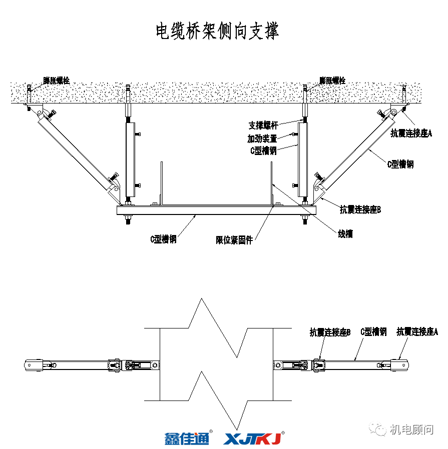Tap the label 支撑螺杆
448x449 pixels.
tap(263, 125)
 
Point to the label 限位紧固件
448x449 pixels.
tap(234, 239)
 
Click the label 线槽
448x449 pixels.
tap(345, 233)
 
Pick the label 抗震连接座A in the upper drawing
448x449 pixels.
tap(411, 133)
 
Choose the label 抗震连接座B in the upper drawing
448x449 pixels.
tap(360, 209)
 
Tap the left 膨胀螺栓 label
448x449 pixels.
tap(56, 80)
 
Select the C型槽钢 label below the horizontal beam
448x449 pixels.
tap(163, 239)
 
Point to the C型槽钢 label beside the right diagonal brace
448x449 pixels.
tap(400, 164)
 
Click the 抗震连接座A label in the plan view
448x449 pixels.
tap(417, 331)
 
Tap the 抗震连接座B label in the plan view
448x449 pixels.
tap(330, 331)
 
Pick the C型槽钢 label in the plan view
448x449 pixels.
tap(373, 331)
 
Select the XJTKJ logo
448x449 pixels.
tap(253, 438)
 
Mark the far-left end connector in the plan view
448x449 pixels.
tap(35, 364)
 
